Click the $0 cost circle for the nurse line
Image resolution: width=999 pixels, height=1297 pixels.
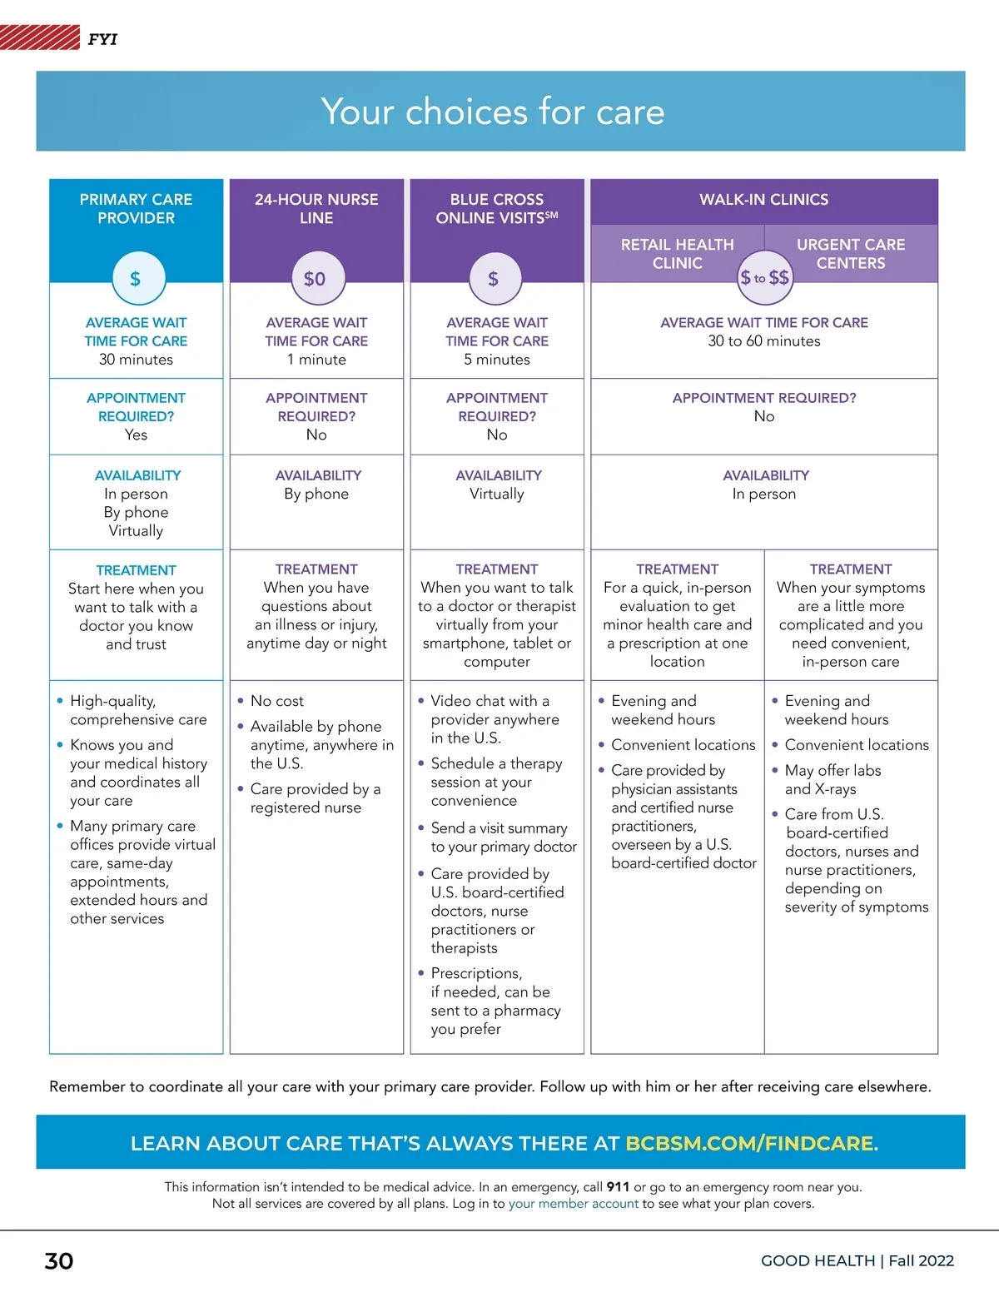(x=315, y=279)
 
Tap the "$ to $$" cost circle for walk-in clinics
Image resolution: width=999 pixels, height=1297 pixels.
(x=764, y=278)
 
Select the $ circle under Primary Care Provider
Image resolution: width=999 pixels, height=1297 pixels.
(x=135, y=279)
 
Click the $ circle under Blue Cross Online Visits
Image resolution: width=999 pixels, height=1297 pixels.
(x=494, y=279)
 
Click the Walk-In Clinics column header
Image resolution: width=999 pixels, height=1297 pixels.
(x=763, y=200)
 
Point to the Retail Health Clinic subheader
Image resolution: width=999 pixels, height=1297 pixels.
(x=677, y=254)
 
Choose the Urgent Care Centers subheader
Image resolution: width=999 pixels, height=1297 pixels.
(x=850, y=254)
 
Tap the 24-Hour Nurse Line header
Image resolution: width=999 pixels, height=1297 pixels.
(x=316, y=209)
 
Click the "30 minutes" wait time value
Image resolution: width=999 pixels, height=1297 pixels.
(x=136, y=360)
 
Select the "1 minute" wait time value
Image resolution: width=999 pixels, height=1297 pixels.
(x=316, y=360)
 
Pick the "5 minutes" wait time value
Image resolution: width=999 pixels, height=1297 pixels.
(x=497, y=360)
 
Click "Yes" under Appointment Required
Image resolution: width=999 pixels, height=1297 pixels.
(x=136, y=435)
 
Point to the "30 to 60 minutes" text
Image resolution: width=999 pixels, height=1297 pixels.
(x=763, y=341)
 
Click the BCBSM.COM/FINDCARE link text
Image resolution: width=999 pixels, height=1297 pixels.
(x=749, y=1143)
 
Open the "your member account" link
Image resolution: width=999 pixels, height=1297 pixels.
(x=573, y=1204)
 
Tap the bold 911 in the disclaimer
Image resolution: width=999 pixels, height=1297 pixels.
(x=618, y=1187)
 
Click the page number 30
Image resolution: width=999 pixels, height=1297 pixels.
(x=59, y=1260)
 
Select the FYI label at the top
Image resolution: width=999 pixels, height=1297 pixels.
(x=102, y=39)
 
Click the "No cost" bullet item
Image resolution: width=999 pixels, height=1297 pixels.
(x=276, y=701)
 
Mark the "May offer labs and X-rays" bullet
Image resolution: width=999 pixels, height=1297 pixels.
(x=832, y=780)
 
